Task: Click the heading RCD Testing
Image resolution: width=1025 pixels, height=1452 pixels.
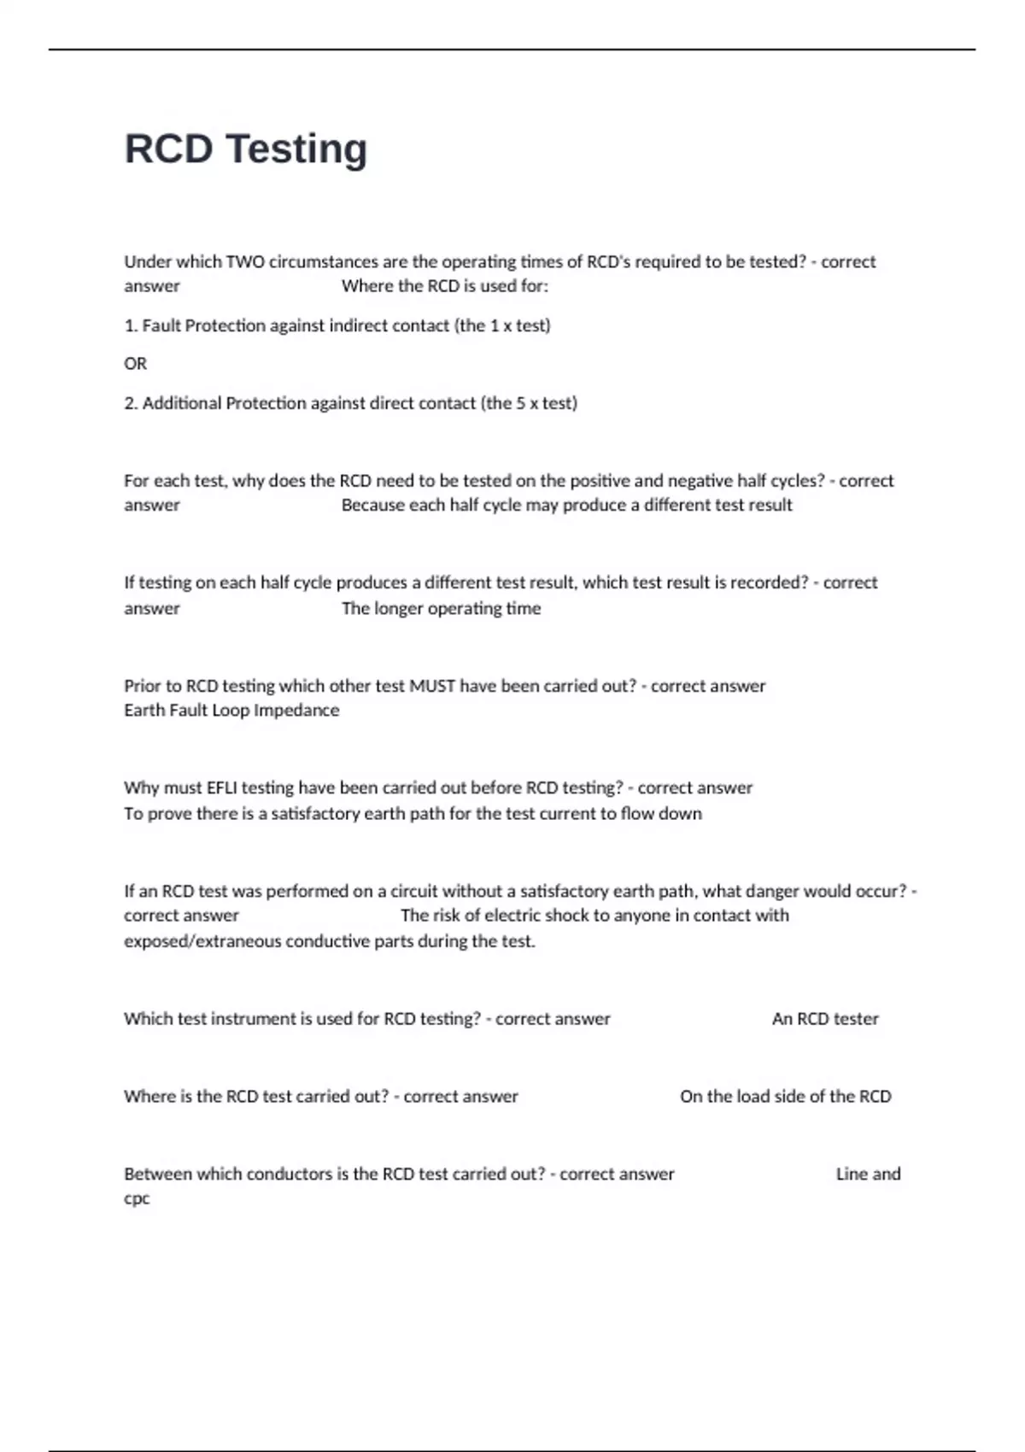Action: [246, 149]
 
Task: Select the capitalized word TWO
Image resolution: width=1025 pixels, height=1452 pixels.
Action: [245, 262]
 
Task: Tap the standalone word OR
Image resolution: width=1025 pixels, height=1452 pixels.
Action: [135, 364]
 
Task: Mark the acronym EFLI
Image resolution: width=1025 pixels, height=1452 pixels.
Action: [225, 788]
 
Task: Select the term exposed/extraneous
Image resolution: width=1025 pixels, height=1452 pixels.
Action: [202, 941]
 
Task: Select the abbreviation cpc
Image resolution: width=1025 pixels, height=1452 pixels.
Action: [137, 1198]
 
